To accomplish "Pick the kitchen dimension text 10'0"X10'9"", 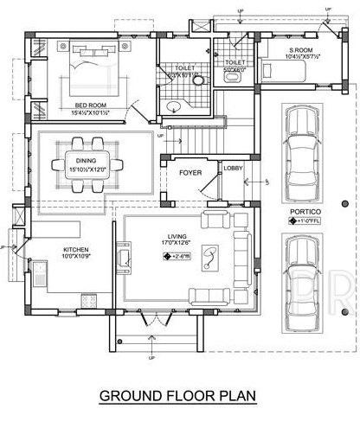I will pos(76,255).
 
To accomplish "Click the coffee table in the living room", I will pos(209,254).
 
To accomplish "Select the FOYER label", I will pos(190,173).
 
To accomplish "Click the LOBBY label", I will pos(233,168).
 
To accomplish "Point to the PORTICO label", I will pos(297,210).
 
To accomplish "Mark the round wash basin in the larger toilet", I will pos(173,109).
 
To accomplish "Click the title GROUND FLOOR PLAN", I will pos(179,396).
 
